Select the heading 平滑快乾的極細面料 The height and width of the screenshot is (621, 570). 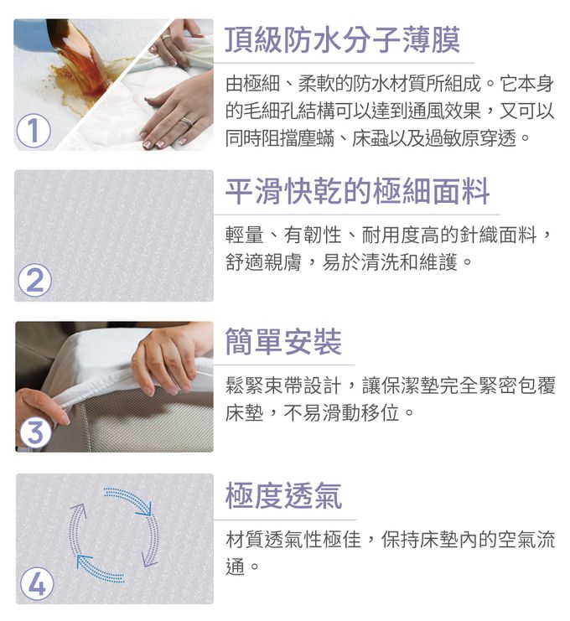click(357, 191)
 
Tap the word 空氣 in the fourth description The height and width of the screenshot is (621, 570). click(507, 540)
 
